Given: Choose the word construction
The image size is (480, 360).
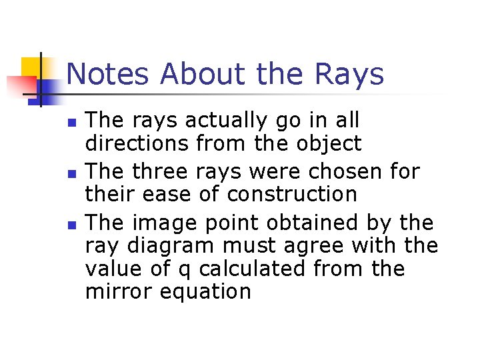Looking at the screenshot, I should (292, 195).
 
